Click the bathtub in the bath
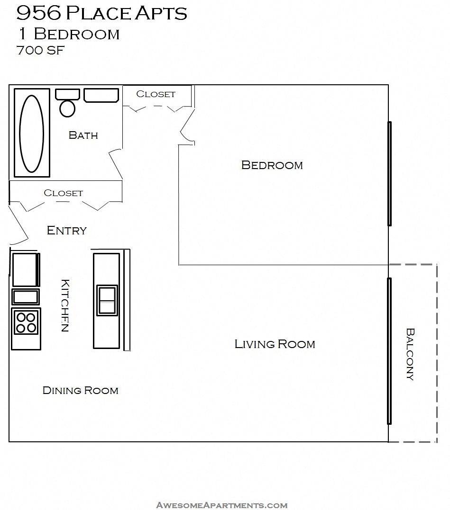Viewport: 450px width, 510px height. point(31,133)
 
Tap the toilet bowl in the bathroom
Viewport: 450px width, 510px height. point(67,108)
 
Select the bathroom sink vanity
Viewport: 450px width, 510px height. point(101,95)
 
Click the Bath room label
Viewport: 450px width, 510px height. point(83,135)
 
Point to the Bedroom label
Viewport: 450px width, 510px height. point(272,165)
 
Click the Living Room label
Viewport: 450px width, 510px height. point(275,344)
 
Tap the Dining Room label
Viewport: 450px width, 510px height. point(81,391)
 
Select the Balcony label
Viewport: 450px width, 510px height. point(410,354)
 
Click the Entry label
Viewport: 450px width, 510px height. point(67,231)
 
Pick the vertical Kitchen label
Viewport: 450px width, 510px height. point(65,305)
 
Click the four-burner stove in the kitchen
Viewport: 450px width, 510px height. point(26,322)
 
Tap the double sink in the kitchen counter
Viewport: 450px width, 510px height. point(107,300)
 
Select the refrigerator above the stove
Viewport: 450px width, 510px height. point(25,269)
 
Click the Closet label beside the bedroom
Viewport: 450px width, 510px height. point(156,94)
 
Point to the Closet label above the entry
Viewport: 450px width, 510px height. point(63,193)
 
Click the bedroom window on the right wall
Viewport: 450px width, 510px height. point(389,174)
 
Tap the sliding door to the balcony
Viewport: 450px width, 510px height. point(389,351)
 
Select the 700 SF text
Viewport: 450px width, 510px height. point(40,50)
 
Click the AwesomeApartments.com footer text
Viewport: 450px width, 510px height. point(222,505)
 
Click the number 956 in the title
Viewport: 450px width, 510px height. point(39,14)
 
